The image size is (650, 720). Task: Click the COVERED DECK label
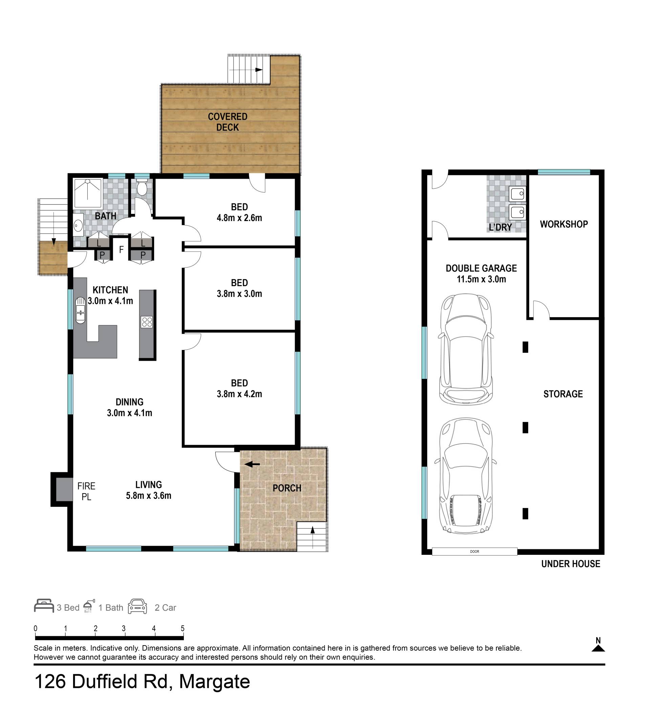pyautogui.click(x=227, y=122)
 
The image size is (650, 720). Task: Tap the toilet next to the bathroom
pyautogui.click(x=142, y=187)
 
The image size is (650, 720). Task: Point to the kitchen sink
pyautogui.click(x=80, y=310)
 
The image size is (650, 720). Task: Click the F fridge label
pyautogui.click(x=122, y=249)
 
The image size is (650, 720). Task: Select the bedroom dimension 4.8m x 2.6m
pyautogui.click(x=239, y=218)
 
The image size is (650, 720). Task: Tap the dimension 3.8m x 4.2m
pyautogui.click(x=239, y=394)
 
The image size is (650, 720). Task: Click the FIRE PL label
pyautogui.click(x=86, y=491)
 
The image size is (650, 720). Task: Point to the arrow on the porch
pyautogui.click(x=252, y=464)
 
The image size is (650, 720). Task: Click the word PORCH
pyautogui.click(x=287, y=488)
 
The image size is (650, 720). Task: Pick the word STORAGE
pyautogui.click(x=563, y=394)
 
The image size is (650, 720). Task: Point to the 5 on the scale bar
pyautogui.click(x=182, y=629)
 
